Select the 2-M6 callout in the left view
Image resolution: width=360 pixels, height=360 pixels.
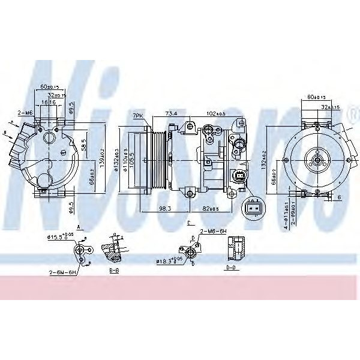coord(25,113)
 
